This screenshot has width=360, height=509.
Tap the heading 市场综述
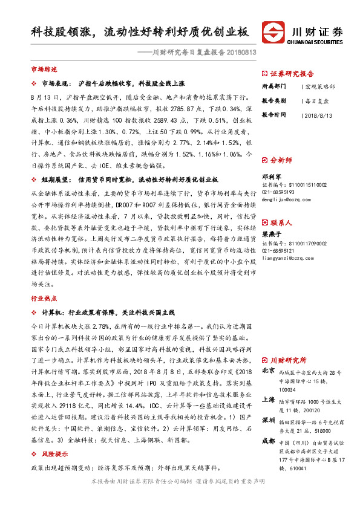tap(44, 70)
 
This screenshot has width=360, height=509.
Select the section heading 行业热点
tap(44, 297)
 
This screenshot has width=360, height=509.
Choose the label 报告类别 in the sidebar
tap(274, 100)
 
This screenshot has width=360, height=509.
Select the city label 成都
tap(268, 442)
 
